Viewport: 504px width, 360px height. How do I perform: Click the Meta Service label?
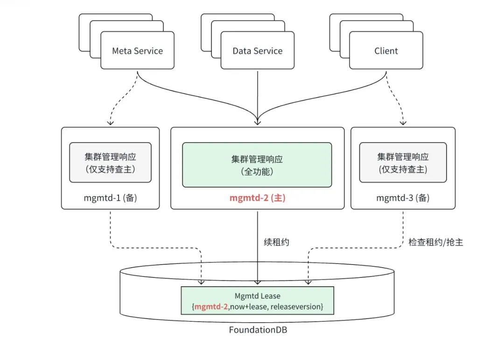[x=137, y=51]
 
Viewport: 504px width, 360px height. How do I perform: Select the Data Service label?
[x=258, y=51]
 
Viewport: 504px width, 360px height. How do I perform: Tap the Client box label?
[x=386, y=51]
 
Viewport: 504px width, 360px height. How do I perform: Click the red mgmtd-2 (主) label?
[x=257, y=198]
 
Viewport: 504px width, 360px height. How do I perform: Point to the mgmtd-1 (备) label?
[x=110, y=198]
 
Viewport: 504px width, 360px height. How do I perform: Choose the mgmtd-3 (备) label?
[x=403, y=198]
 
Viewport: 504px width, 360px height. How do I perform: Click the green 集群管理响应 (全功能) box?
[x=257, y=165]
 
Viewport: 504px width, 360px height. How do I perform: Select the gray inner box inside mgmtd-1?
[x=110, y=162]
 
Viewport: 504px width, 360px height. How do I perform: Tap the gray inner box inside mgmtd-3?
[x=403, y=162]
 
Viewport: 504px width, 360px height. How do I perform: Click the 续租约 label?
[x=277, y=242]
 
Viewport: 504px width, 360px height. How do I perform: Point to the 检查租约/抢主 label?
[x=435, y=242]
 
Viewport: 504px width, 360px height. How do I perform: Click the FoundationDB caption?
[x=258, y=330]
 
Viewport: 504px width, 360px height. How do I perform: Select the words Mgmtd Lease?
[x=258, y=296]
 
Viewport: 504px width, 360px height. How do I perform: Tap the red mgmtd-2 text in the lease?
[x=211, y=306]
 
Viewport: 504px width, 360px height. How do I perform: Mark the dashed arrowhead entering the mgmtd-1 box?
[x=110, y=123]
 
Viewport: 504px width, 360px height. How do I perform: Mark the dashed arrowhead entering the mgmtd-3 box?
[x=403, y=123]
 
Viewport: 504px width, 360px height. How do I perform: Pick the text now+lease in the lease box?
[x=248, y=306]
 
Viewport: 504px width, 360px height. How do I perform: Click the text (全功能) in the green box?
[x=257, y=171]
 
